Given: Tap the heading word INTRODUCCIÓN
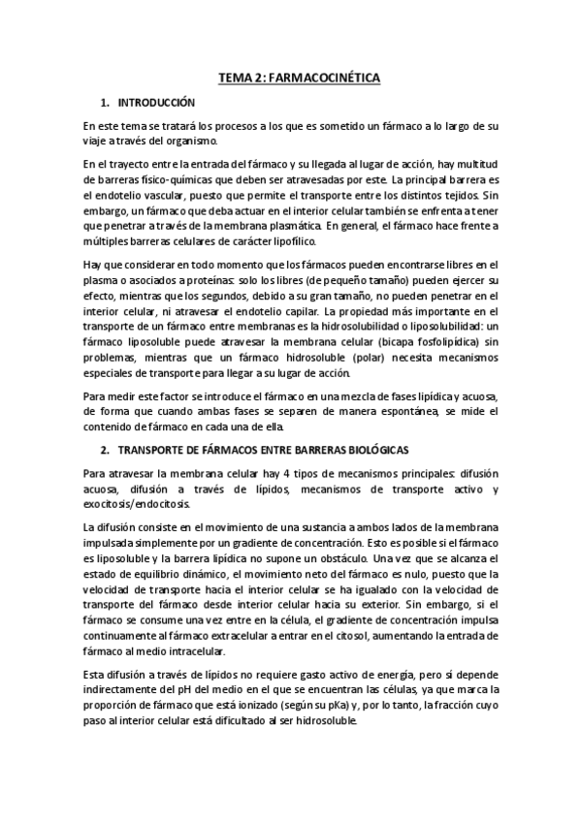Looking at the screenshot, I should point(156,102).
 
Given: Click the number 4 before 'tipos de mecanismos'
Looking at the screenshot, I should point(252,474).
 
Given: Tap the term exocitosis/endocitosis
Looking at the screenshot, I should point(138,504).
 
